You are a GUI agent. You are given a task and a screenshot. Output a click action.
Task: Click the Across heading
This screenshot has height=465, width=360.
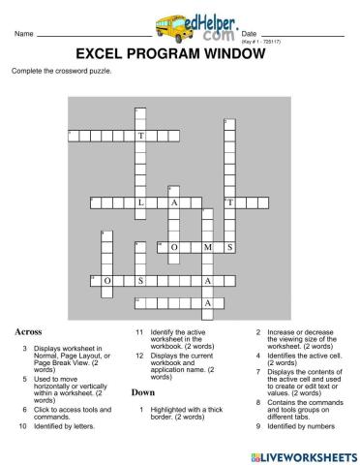pyautogui.click(x=27, y=331)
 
